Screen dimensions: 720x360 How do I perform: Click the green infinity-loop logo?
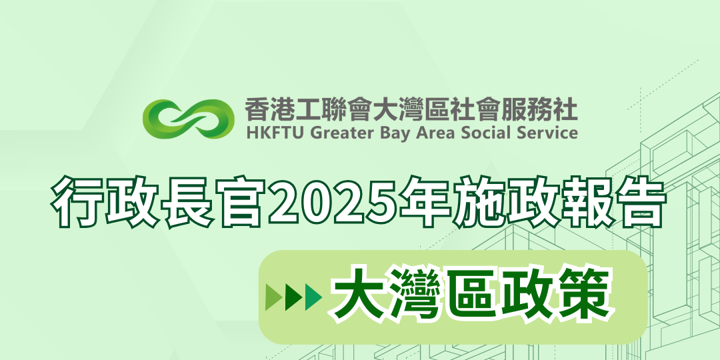pyautogui.click(x=185, y=119)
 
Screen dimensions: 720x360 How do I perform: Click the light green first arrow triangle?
pyautogui.click(x=274, y=297)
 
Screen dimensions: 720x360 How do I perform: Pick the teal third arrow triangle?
pyautogui.click(x=313, y=297)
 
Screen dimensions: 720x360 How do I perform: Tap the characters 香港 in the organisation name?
pyautogui.click(x=266, y=110)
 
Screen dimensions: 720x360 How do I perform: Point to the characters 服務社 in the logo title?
pyautogui.click(x=546, y=110)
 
